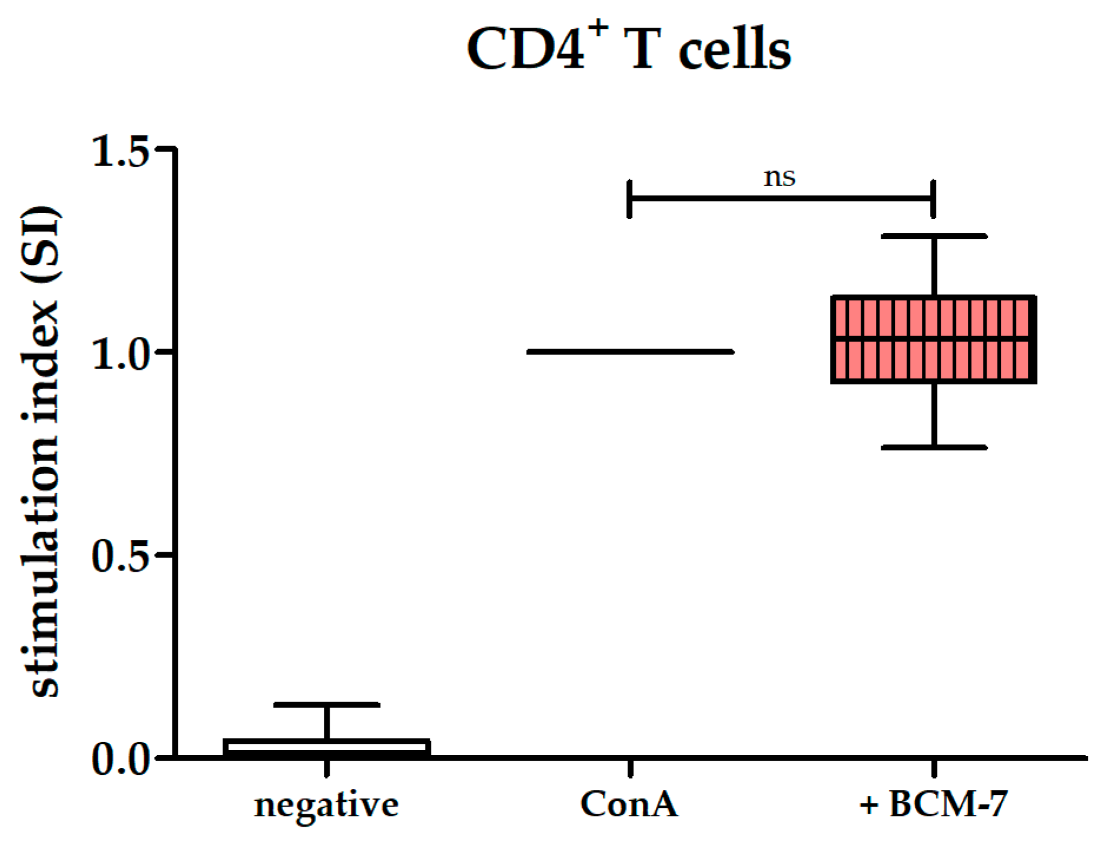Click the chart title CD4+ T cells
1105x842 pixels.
pyautogui.click(x=628, y=49)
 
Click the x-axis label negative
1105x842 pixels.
pyautogui.click(x=326, y=804)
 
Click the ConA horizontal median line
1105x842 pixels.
pyautogui.click(x=630, y=352)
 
